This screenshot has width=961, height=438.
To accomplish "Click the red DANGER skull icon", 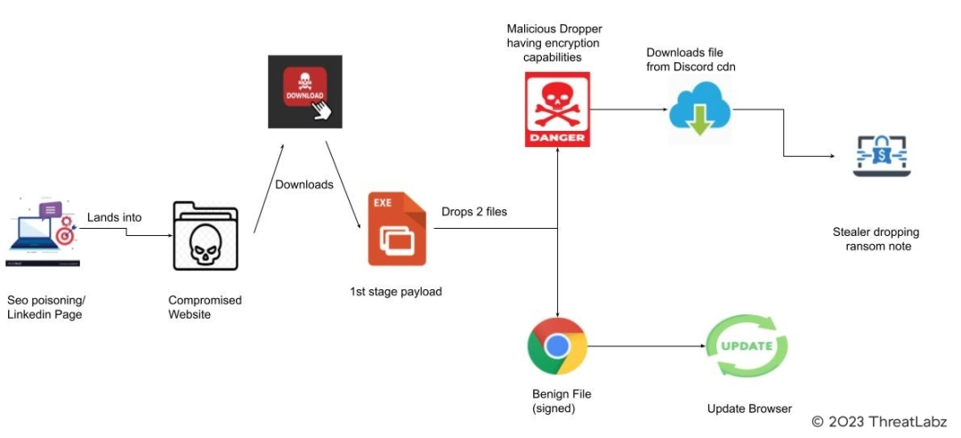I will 557,110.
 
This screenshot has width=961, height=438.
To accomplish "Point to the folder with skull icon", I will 205,237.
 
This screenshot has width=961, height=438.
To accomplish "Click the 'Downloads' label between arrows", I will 304,184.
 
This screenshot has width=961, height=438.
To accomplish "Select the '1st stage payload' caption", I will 396,291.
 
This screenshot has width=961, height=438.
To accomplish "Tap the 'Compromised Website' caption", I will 205,307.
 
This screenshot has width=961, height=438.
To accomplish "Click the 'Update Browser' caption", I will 749,409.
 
